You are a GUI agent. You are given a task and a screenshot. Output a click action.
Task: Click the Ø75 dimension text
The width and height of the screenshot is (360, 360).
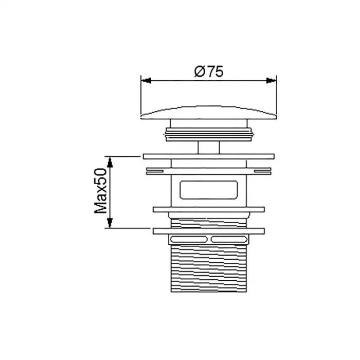pos(208,72)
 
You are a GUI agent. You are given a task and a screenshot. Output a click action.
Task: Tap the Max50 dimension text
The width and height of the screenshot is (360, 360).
pos(100,191)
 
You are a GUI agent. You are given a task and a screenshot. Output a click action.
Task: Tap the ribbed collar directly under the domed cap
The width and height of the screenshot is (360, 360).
pos(209,133)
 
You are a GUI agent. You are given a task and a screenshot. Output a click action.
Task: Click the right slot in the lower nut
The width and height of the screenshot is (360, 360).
pos(229,239)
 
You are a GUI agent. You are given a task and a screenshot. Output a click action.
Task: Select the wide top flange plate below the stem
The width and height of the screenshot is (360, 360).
pos(209,155)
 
